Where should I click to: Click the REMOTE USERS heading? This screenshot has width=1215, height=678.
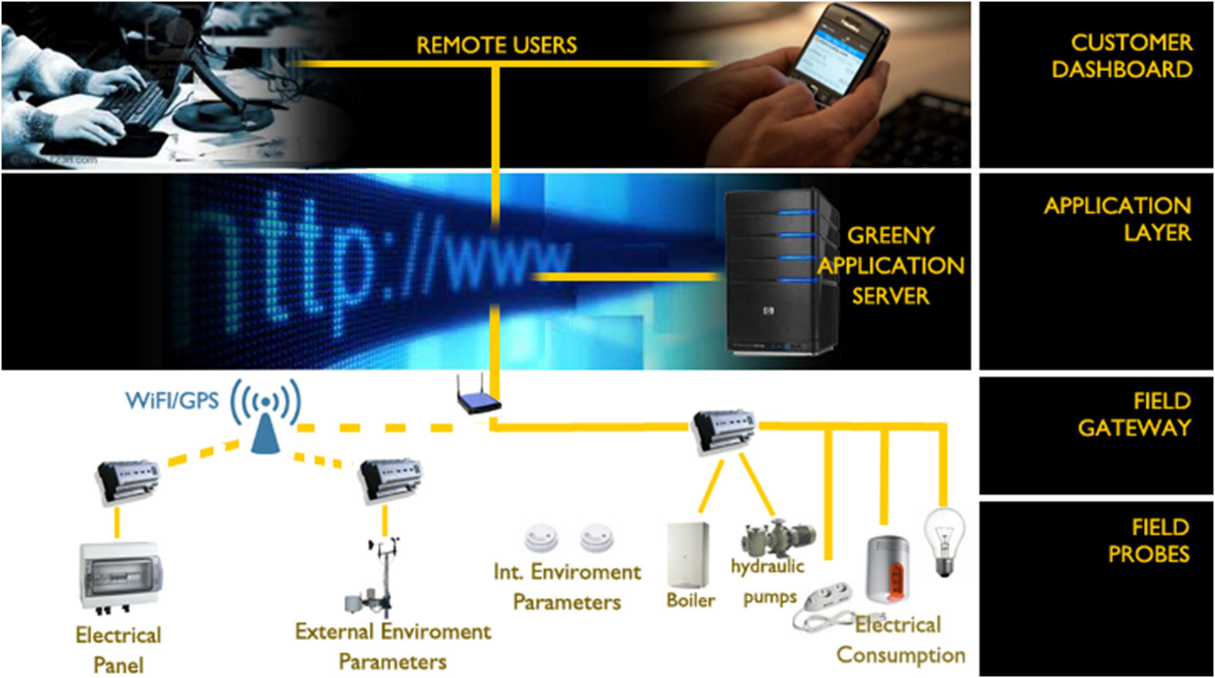pyautogui.click(x=496, y=45)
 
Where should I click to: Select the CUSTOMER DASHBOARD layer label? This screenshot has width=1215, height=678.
pyautogui.click(x=1122, y=56)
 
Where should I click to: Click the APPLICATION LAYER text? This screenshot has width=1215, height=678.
pyautogui.click(x=1118, y=219)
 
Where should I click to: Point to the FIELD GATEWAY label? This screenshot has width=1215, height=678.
pyautogui.click(x=1135, y=414)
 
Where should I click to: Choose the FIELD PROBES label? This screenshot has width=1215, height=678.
pyautogui.click(x=1149, y=540)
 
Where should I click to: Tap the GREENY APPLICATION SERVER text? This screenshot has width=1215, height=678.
pyautogui.click(x=891, y=265)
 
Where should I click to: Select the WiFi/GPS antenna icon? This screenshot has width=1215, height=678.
pyautogui.click(x=265, y=417)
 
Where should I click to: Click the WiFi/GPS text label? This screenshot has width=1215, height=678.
pyautogui.click(x=172, y=400)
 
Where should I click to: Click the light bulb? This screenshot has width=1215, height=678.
pyautogui.click(x=944, y=541)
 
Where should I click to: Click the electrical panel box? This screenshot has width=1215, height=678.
pyautogui.click(x=121, y=576)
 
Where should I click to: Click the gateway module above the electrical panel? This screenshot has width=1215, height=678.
pyautogui.click(x=128, y=480)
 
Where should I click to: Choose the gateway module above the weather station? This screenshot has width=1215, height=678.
pyautogui.click(x=390, y=478)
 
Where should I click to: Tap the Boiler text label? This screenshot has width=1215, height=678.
pyautogui.click(x=690, y=601)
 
